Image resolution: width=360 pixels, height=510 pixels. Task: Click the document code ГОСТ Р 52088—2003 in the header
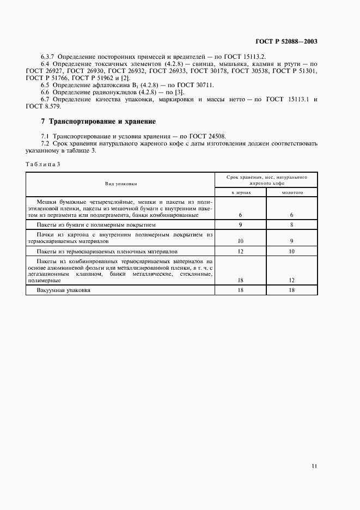286,41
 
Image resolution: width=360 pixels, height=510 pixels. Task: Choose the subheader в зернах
240,192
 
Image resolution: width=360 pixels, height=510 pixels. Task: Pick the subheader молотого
292,192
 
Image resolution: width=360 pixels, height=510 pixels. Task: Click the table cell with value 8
292,224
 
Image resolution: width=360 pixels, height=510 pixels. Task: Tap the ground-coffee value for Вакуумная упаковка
292,290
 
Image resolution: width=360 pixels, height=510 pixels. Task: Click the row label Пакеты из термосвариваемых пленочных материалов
107,252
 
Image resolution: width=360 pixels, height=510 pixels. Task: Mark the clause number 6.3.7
48,57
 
